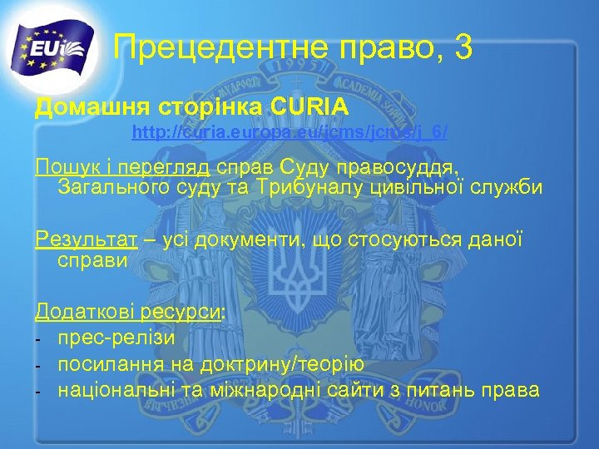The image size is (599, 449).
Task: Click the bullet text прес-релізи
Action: [116, 337]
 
